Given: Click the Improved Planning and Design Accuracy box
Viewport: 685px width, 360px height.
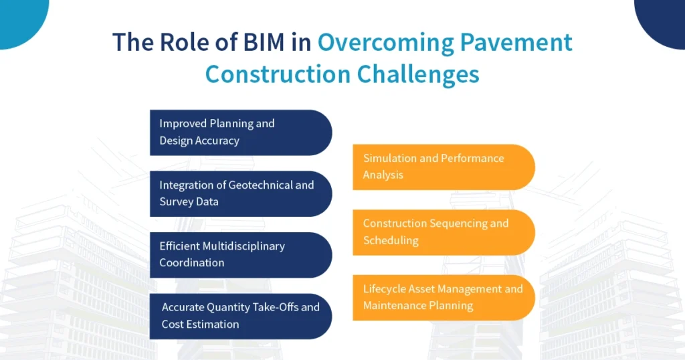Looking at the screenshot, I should point(240,132).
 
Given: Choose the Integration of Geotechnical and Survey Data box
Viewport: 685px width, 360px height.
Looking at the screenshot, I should point(240,193).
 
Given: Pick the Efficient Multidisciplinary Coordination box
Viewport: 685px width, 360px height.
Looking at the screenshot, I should point(240,255).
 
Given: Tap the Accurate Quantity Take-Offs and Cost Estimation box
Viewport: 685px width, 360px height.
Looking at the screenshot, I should point(240,317).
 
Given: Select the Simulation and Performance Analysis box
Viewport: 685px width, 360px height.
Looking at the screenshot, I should point(443,167).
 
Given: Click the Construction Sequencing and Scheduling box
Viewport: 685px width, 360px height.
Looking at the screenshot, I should point(443,232).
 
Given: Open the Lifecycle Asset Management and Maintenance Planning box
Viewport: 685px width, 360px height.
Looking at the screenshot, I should point(443,297).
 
